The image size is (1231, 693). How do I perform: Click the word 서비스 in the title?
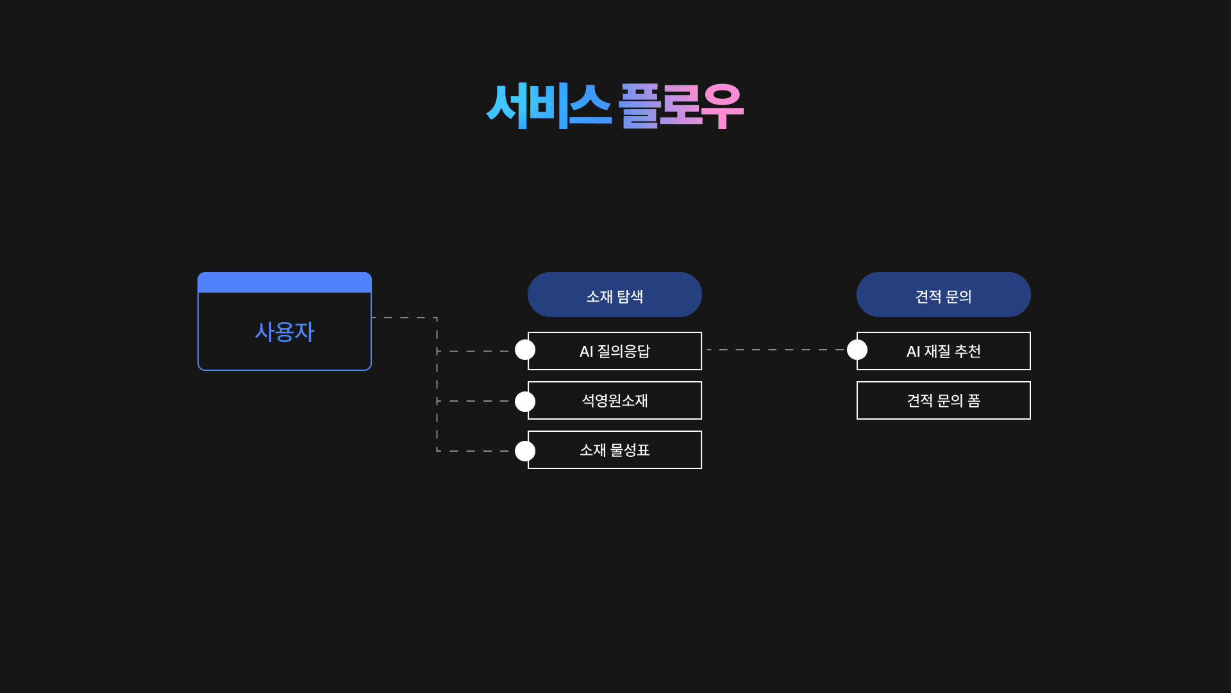(x=548, y=106)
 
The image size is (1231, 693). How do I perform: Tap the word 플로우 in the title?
(x=680, y=106)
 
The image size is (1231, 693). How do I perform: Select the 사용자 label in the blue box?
(x=285, y=332)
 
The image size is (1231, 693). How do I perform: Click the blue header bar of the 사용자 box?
(x=285, y=282)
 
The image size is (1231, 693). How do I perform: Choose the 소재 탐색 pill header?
(x=614, y=295)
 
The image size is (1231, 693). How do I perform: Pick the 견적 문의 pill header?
(x=943, y=295)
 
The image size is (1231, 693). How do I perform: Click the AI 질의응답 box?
(x=614, y=351)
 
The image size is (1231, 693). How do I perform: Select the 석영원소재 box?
(x=614, y=400)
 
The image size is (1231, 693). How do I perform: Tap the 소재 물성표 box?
(x=614, y=450)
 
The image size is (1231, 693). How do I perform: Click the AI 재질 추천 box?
(x=943, y=351)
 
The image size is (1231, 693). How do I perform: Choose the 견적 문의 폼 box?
(x=943, y=400)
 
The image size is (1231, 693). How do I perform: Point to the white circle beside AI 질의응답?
(x=525, y=350)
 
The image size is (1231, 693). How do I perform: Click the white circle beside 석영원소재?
(x=525, y=402)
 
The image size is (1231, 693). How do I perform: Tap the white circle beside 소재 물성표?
(x=525, y=451)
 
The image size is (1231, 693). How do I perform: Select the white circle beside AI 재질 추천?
(x=857, y=350)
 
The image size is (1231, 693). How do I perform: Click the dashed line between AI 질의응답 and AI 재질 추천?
(x=776, y=350)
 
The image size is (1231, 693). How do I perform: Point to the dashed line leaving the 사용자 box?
(x=404, y=318)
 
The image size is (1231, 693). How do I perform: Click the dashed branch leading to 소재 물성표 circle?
(x=474, y=451)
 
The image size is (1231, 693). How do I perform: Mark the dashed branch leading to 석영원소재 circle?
(x=474, y=401)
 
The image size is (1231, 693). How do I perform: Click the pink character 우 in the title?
(x=722, y=106)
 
